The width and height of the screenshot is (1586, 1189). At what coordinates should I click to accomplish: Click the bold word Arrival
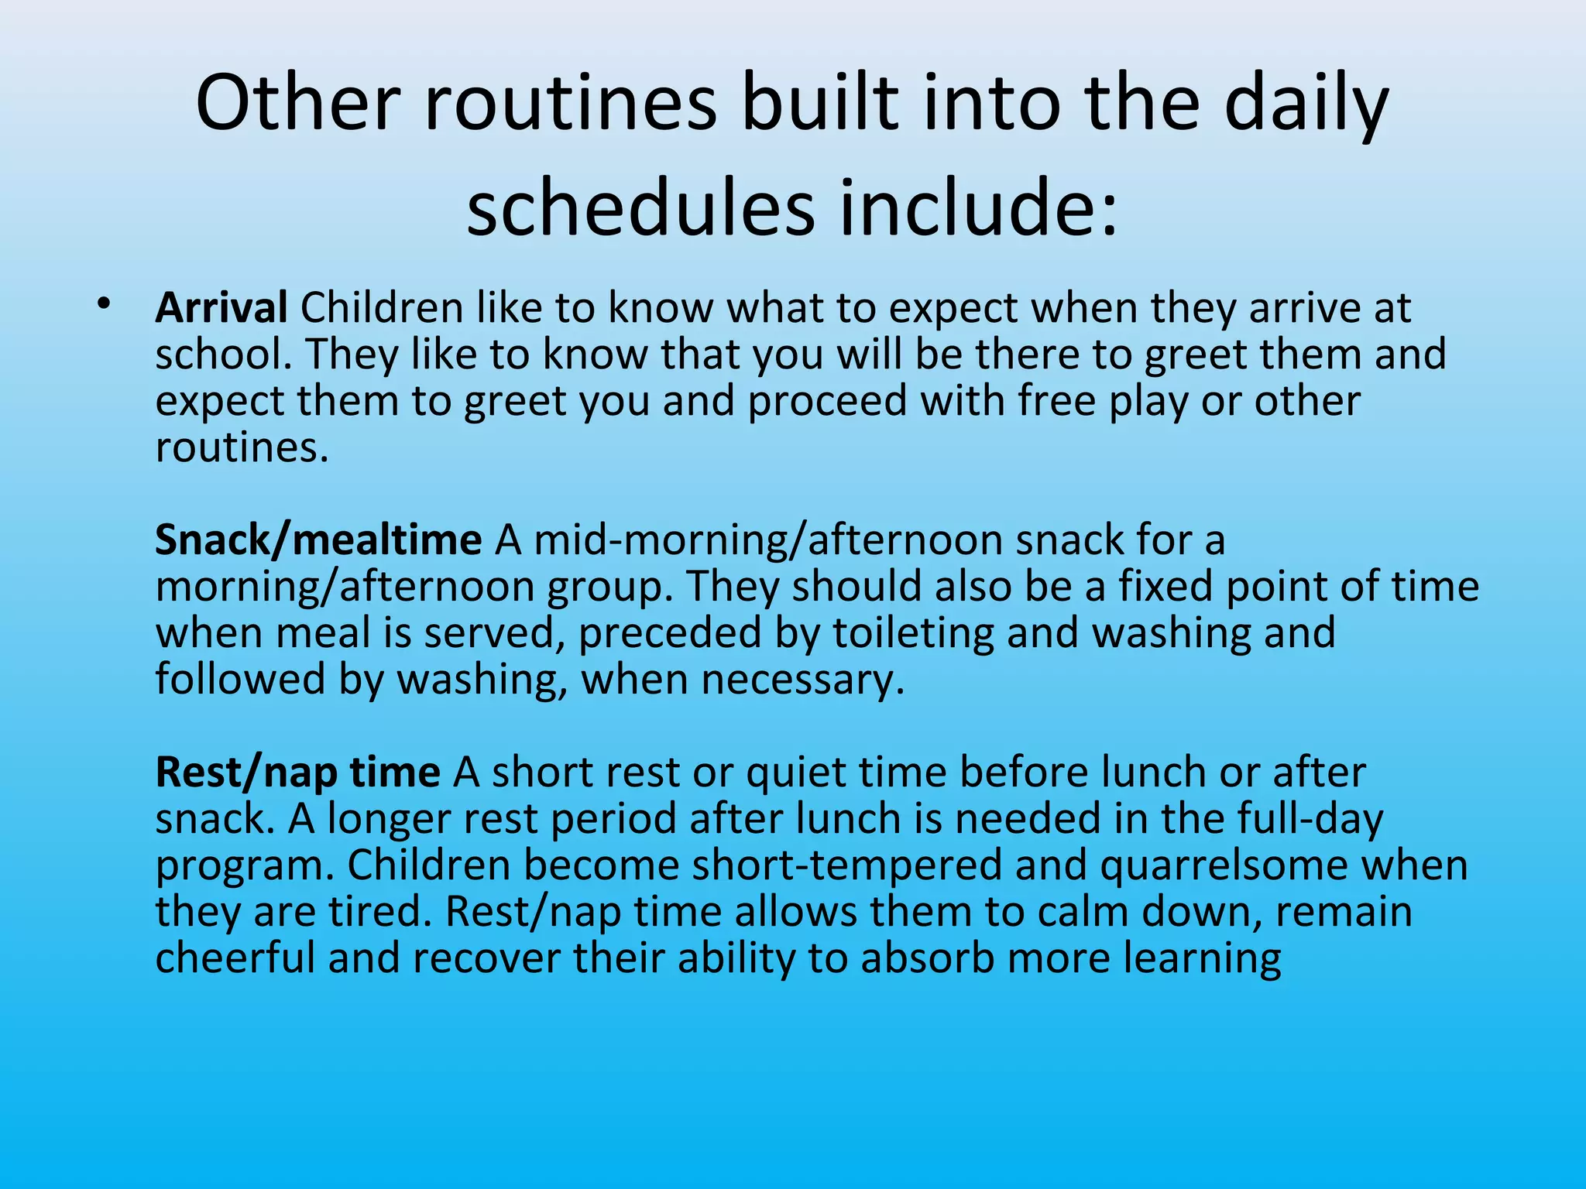(221, 308)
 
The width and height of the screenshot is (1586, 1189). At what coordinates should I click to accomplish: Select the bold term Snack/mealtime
(318, 540)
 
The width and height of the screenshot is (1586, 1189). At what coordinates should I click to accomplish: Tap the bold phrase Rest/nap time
(297, 772)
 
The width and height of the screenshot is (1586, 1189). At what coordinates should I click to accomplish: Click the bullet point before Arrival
(104, 303)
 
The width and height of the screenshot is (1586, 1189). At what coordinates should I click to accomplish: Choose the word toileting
(913, 632)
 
